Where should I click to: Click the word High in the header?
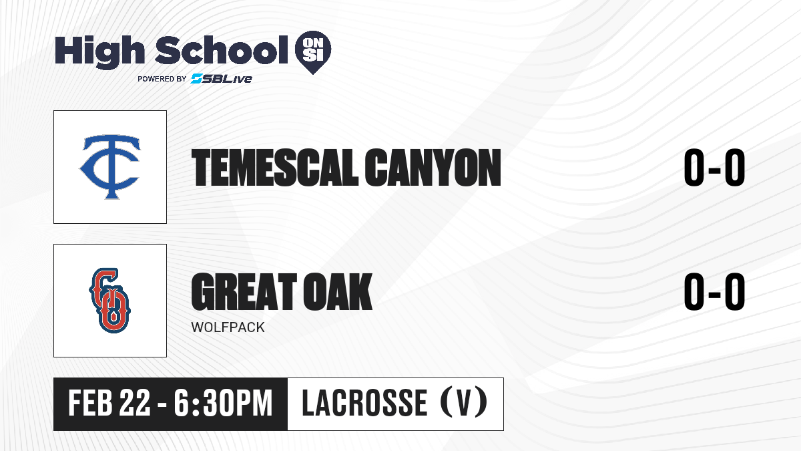(99, 51)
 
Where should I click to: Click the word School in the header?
(222, 49)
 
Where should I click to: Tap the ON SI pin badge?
(313, 52)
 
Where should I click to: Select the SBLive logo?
(221, 79)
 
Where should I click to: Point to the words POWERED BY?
(162, 79)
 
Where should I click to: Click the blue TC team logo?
(110, 167)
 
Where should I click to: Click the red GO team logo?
(109, 301)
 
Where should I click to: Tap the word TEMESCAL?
(274, 168)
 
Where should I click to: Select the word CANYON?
(433, 168)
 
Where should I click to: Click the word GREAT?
(244, 291)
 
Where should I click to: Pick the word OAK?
(338, 291)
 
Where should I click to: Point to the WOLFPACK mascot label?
(228, 327)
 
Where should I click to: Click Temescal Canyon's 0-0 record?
(714, 168)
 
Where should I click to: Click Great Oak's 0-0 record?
(714, 291)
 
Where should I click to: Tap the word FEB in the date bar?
(91, 404)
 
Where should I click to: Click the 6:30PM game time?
(224, 404)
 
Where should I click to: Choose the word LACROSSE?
(364, 404)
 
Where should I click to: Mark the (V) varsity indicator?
(464, 403)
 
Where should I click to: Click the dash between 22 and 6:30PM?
(162, 406)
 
